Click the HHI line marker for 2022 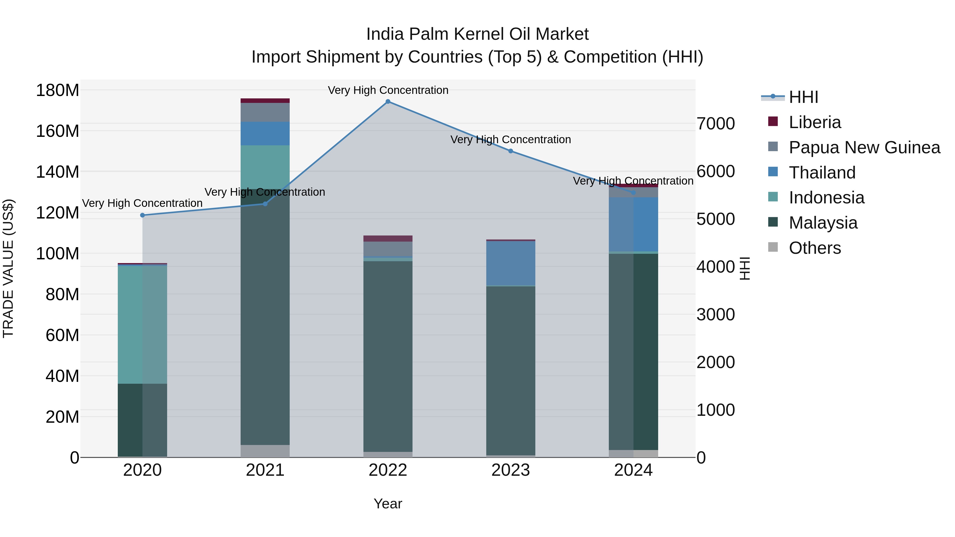coord(388,102)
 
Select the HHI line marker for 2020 coord(142,215)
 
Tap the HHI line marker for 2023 coord(510,151)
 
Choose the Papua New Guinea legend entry coord(864,147)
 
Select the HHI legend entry coord(803,97)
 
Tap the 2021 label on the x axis coord(265,470)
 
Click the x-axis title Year coord(388,504)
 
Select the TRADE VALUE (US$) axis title coord(8,268)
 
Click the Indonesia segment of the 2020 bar coord(142,324)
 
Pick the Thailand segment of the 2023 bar coord(510,263)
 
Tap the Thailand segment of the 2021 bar coord(265,133)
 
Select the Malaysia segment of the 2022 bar coord(388,356)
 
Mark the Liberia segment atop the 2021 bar coord(265,101)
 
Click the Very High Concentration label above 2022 coord(388,90)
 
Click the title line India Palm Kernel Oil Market coord(477,34)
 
